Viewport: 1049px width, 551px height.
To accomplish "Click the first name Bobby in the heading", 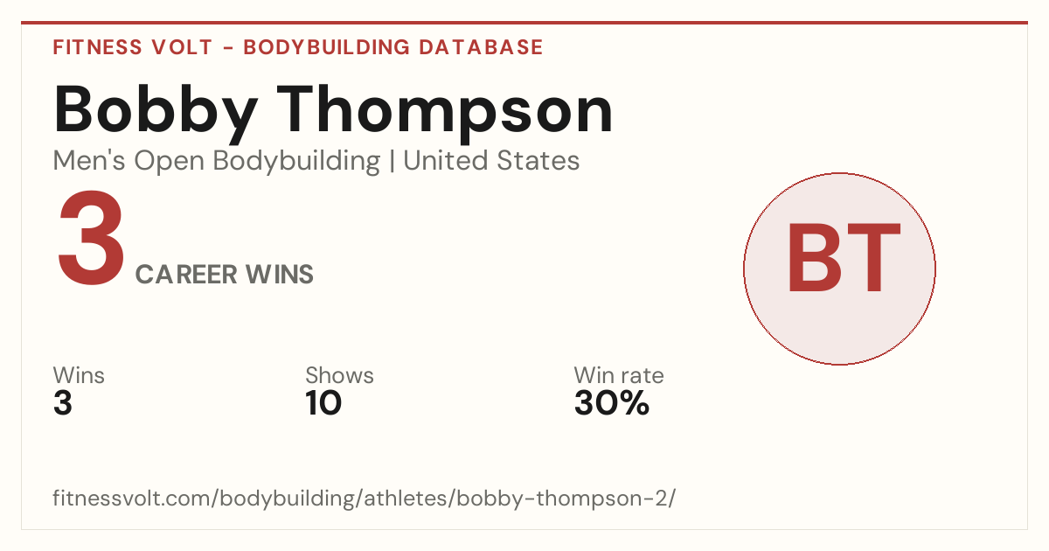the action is point(156,114).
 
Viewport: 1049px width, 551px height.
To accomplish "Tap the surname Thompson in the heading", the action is point(445,114).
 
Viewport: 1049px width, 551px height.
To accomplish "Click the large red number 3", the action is point(91,238).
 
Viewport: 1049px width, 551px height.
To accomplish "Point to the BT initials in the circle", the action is point(844,258).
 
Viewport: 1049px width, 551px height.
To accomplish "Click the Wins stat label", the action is point(79,375).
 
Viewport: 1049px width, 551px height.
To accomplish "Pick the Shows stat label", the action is point(339,375).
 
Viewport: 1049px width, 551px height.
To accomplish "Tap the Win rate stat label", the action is point(619,375).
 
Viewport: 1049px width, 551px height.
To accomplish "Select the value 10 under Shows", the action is point(323,403).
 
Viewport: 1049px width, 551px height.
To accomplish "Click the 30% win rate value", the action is point(612,403).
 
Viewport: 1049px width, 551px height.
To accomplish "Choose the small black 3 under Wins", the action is point(63,403).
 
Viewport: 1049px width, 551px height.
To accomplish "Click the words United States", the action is point(491,161).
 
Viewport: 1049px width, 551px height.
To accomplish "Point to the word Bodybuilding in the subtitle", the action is point(296,162).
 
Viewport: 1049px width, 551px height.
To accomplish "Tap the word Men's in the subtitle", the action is point(89,161).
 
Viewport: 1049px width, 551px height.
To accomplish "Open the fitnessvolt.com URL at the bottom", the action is point(365,498).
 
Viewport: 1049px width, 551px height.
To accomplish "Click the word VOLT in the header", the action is point(182,47).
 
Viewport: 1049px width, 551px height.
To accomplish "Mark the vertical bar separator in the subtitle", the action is point(392,161).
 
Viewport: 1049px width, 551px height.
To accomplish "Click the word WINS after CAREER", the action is point(280,275).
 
